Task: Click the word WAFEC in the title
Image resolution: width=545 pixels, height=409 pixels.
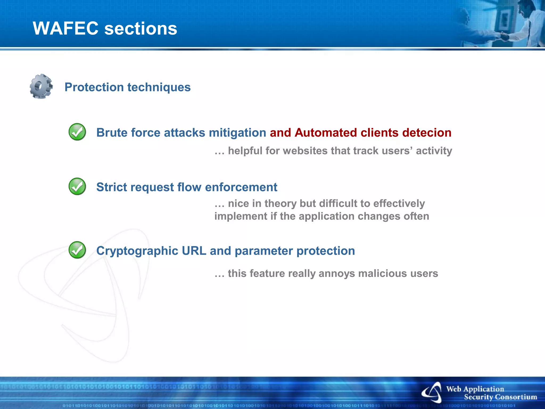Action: click(x=65, y=28)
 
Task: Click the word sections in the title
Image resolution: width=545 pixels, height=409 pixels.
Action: click(x=141, y=29)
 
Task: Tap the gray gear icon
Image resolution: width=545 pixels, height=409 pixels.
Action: click(x=41, y=86)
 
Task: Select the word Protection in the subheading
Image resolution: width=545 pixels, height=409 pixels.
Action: click(x=94, y=87)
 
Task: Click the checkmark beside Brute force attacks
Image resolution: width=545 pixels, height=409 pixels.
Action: click(x=77, y=132)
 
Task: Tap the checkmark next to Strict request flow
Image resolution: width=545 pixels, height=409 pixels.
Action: click(x=77, y=186)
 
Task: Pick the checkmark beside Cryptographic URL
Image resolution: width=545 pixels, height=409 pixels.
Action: click(x=77, y=250)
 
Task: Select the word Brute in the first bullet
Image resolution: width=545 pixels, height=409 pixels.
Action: click(x=112, y=133)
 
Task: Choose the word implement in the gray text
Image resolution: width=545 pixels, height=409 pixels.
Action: click(x=241, y=216)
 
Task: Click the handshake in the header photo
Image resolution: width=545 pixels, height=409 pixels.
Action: click(x=504, y=36)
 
